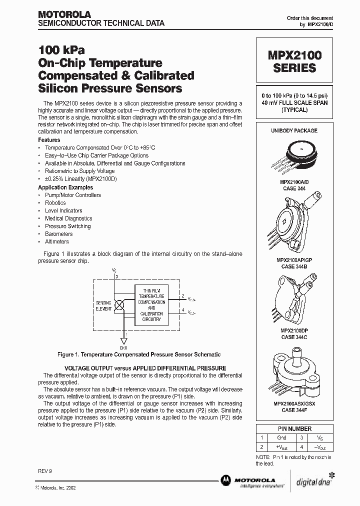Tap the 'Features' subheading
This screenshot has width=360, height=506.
point(49,140)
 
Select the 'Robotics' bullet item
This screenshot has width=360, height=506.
point(55,203)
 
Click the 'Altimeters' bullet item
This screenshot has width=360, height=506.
point(56,241)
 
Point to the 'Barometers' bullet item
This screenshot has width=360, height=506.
point(58,234)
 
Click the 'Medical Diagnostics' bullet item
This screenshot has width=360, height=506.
point(68,218)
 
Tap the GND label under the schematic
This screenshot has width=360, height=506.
point(123,347)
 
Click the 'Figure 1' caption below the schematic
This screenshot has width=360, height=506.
point(138,354)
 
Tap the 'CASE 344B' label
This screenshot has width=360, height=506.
point(294,266)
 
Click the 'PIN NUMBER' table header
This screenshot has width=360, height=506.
point(294,429)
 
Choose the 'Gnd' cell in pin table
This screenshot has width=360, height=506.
point(281,437)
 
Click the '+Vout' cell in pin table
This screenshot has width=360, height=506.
point(281,447)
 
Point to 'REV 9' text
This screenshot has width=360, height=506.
point(44,471)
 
